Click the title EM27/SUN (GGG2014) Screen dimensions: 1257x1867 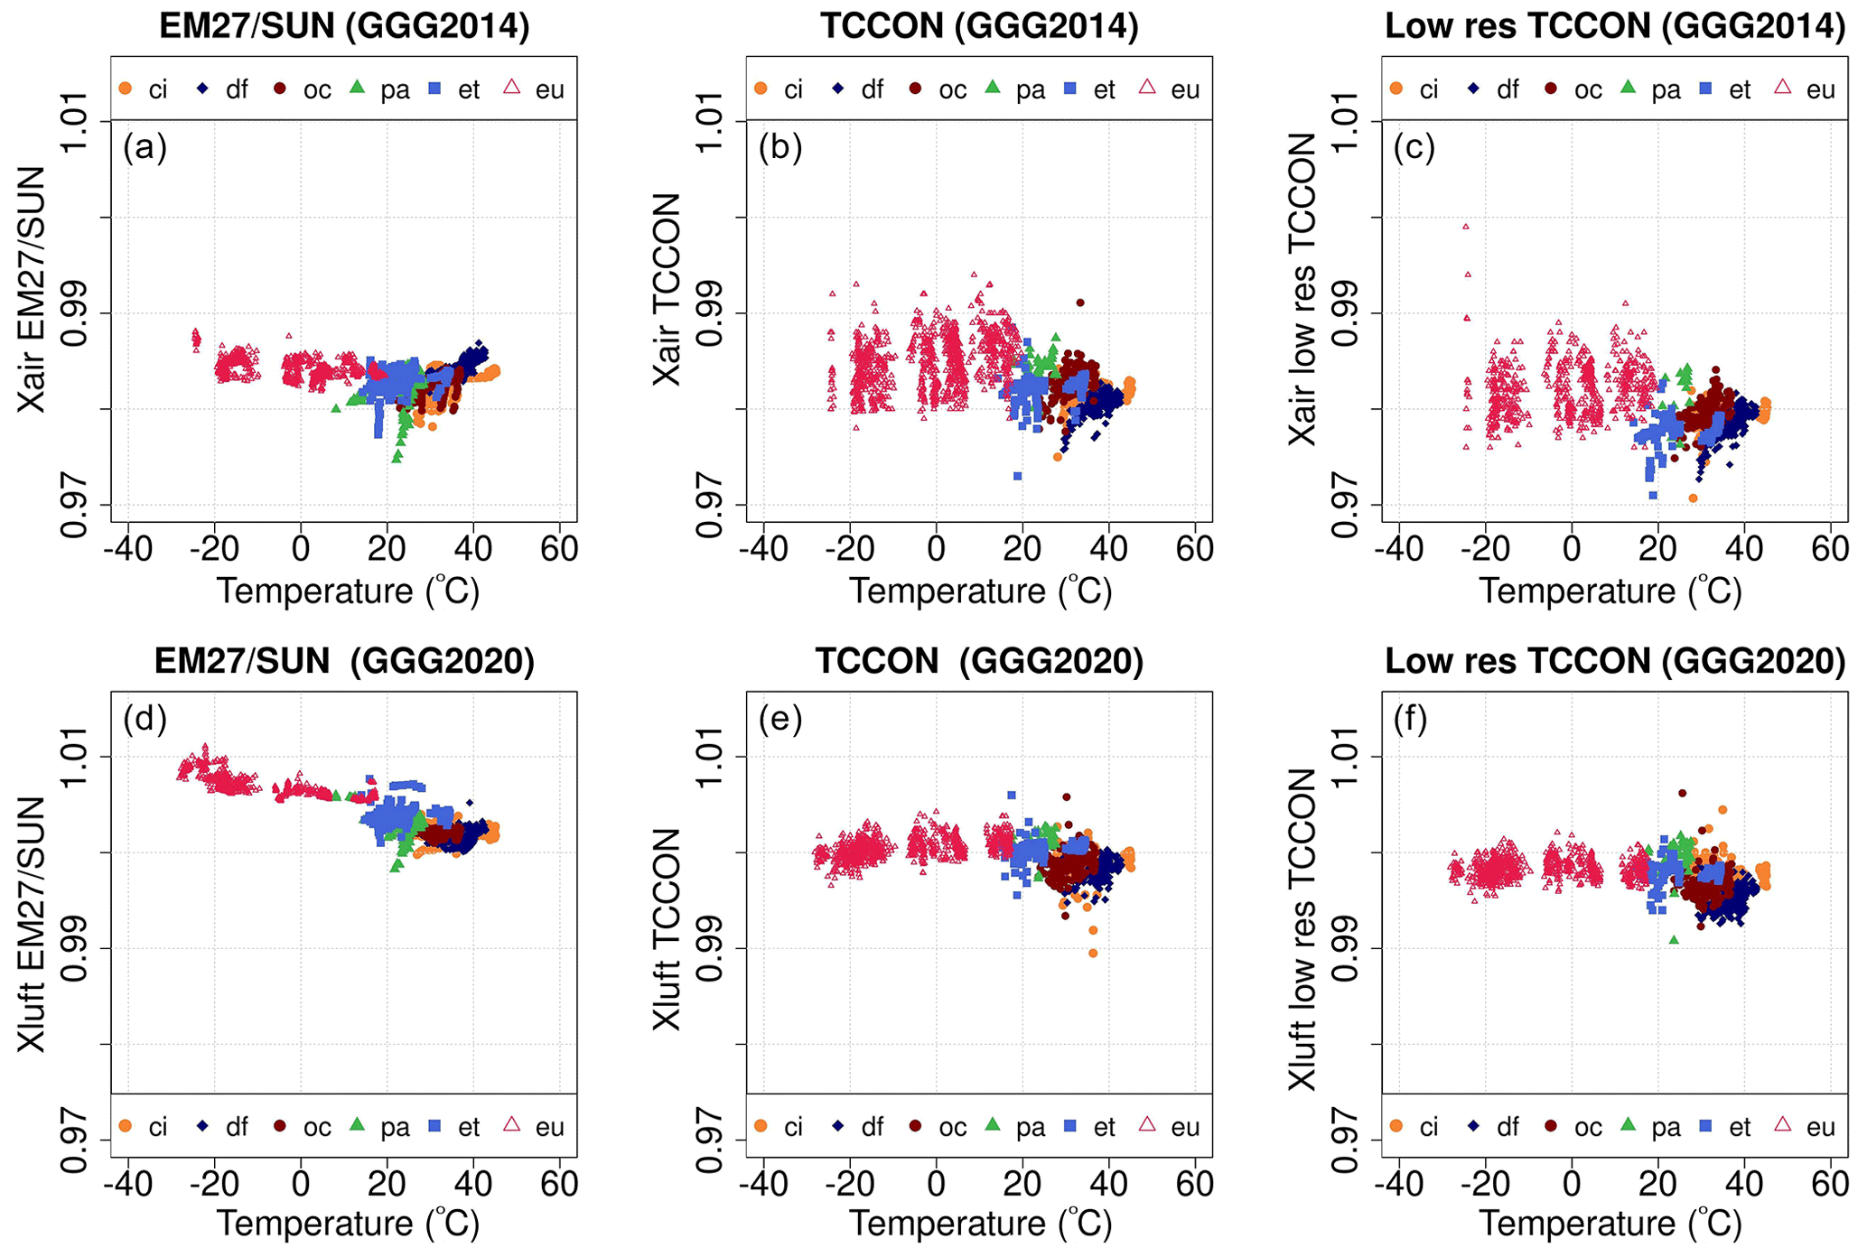coord(344,26)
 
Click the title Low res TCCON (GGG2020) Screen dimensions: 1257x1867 coord(1615,662)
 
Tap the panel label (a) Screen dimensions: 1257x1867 coord(145,146)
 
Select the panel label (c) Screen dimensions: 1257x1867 coord(1414,146)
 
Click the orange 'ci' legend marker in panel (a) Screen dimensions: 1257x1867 coord(126,88)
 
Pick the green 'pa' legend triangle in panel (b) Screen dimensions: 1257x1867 coord(993,88)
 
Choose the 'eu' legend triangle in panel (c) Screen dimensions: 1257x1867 coord(1783,88)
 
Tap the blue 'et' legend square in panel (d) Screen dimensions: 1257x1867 coord(434,1126)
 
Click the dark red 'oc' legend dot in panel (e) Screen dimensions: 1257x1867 coord(916,1126)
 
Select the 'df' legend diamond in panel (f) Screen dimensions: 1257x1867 coord(1473,1126)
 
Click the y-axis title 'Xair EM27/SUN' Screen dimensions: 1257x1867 coord(33,289)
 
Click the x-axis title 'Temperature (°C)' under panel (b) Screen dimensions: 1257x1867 coord(980,591)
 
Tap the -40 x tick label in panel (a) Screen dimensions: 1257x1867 coord(128,548)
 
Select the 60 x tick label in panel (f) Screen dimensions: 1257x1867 coord(1830,1184)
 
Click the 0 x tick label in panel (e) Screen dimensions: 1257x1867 coord(937,1184)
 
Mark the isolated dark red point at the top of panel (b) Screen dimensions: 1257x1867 coord(1080,303)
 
